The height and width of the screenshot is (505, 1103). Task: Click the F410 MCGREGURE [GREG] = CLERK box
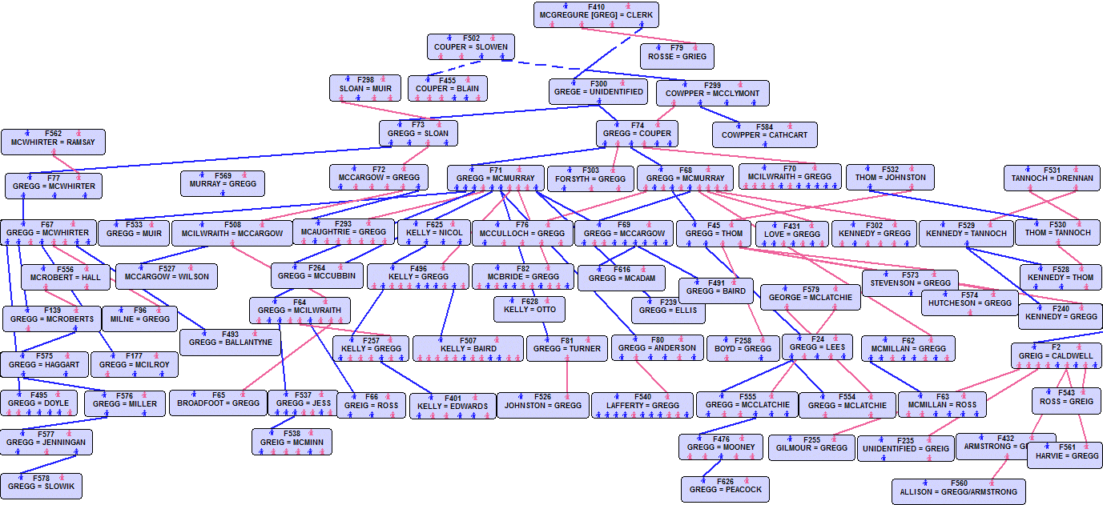[x=596, y=14]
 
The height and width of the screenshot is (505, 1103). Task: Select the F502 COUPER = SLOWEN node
[x=470, y=46]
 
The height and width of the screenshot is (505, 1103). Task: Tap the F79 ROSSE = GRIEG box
[x=677, y=56]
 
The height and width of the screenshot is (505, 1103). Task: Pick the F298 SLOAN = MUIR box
[x=365, y=87]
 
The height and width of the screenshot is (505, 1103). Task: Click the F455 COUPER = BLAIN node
[x=447, y=88]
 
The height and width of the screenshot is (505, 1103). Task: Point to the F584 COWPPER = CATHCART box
[x=764, y=134]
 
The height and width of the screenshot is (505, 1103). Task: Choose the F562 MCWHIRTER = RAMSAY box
[x=53, y=142]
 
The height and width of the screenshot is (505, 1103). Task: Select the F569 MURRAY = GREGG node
[x=223, y=183]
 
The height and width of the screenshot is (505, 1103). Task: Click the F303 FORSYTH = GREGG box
[x=590, y=178]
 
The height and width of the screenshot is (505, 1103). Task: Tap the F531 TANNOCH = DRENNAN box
[x=1052, y=178]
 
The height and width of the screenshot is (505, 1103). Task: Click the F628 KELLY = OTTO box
[x=529, y=309]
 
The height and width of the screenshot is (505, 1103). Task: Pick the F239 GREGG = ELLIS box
[x=668, y=310]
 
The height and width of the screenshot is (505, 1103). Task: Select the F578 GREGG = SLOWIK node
[x=41, y=486]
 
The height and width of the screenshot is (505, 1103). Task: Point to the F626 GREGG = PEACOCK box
[x=726, y=489]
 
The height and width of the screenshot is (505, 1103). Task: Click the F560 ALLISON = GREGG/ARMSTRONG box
[x=958, y=491]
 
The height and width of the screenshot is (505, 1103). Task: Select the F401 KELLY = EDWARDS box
[x=453, y=406]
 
